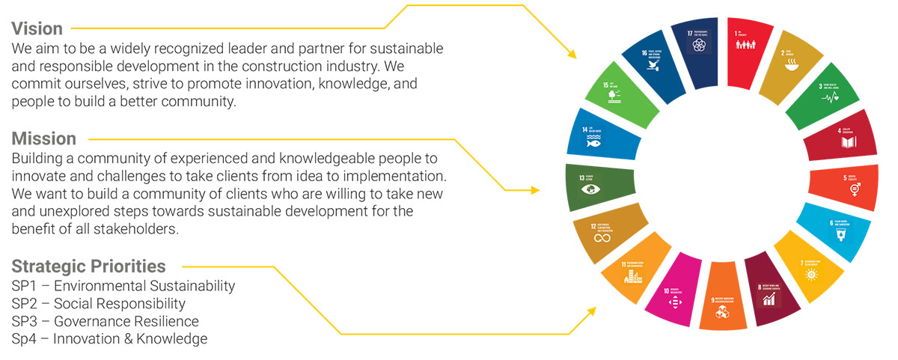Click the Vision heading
(x=37, y=28)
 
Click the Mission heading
(x=43, y=139)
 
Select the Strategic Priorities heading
(x=88, y=266)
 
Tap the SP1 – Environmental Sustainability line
(x=123, y=286)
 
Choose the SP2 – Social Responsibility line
(x=99, y=304)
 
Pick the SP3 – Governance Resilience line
(x=106, y=321)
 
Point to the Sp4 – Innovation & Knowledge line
(x=109, y=339)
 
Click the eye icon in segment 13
(x=591, y=189)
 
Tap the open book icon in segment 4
(x=842, y=141)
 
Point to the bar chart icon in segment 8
(x=769, y=299)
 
